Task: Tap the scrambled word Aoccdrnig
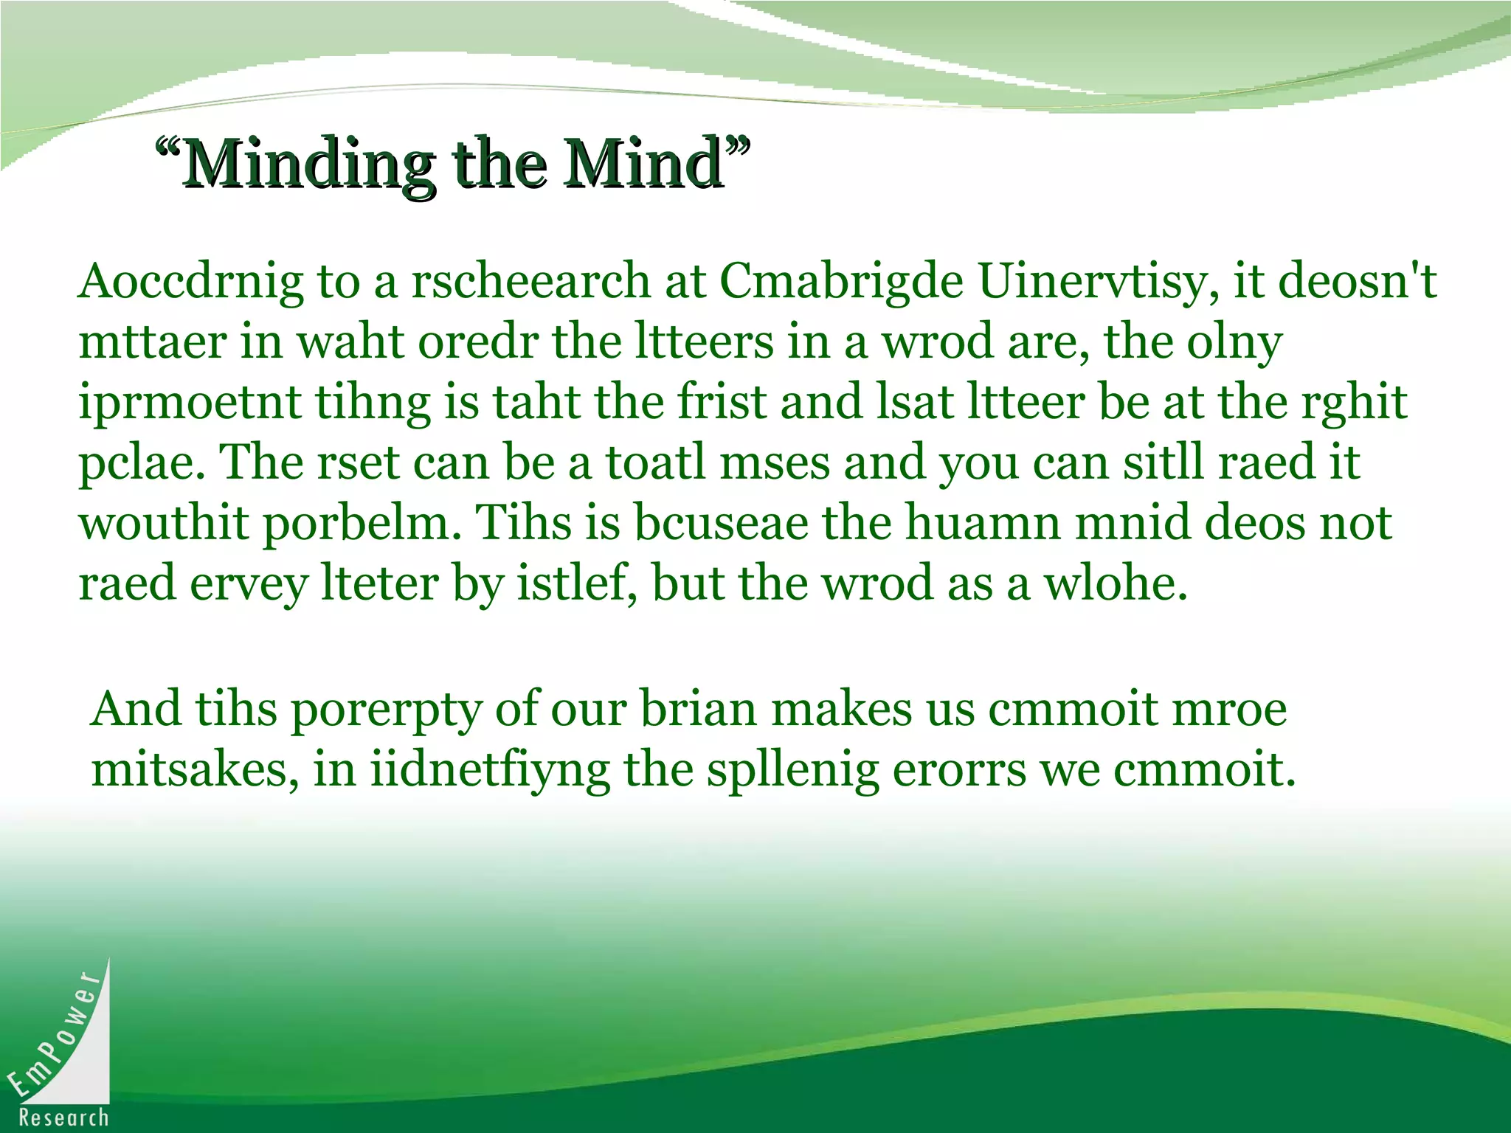click(x=190, y=282)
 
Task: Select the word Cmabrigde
click(x=841, y=282)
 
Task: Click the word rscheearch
click(x=530, y=282)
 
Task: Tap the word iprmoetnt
click(x=190, y=403)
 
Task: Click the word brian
click(x=698, y=710)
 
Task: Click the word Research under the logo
click(x=64, y=1118)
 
